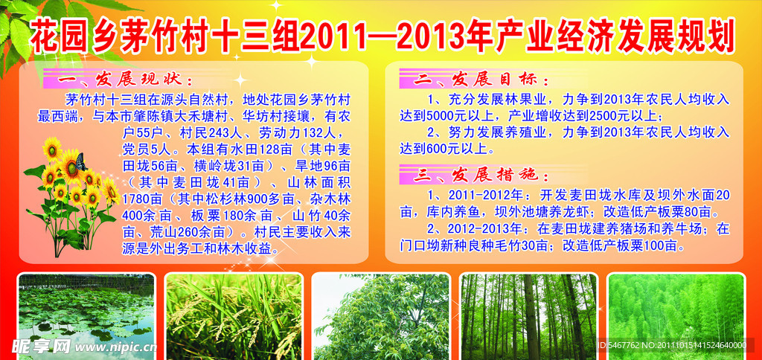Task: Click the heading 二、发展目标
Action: point(481,79)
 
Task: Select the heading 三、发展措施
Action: point(481,174)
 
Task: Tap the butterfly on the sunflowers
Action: point(80,162)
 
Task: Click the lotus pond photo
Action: point(86,317)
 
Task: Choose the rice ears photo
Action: point(234,317)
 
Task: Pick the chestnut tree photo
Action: point(381,317)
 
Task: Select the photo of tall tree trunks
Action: point(529,317)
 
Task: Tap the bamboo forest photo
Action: point(676,317)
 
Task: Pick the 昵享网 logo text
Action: point(42,346)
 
